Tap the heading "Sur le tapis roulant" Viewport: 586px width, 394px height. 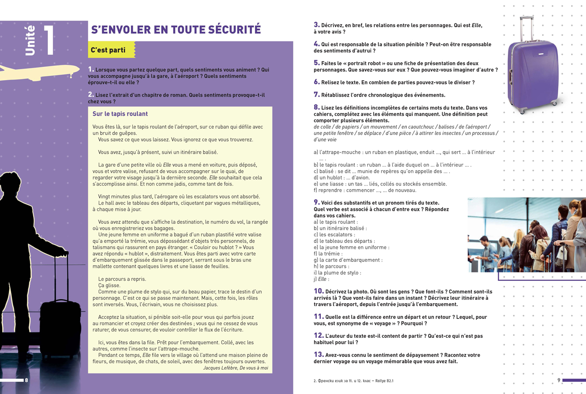click(120, 114)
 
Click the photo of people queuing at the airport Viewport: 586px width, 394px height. click(526, 235)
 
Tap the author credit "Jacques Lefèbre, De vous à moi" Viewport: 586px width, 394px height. click(235, 368)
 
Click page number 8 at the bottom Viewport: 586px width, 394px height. click(26, 380)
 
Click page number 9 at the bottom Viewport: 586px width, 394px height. click(559, 380)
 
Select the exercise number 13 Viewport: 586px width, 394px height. click(318, 354)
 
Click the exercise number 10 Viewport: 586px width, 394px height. click(318, 291)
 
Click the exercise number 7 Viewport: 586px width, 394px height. click(316, 94)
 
